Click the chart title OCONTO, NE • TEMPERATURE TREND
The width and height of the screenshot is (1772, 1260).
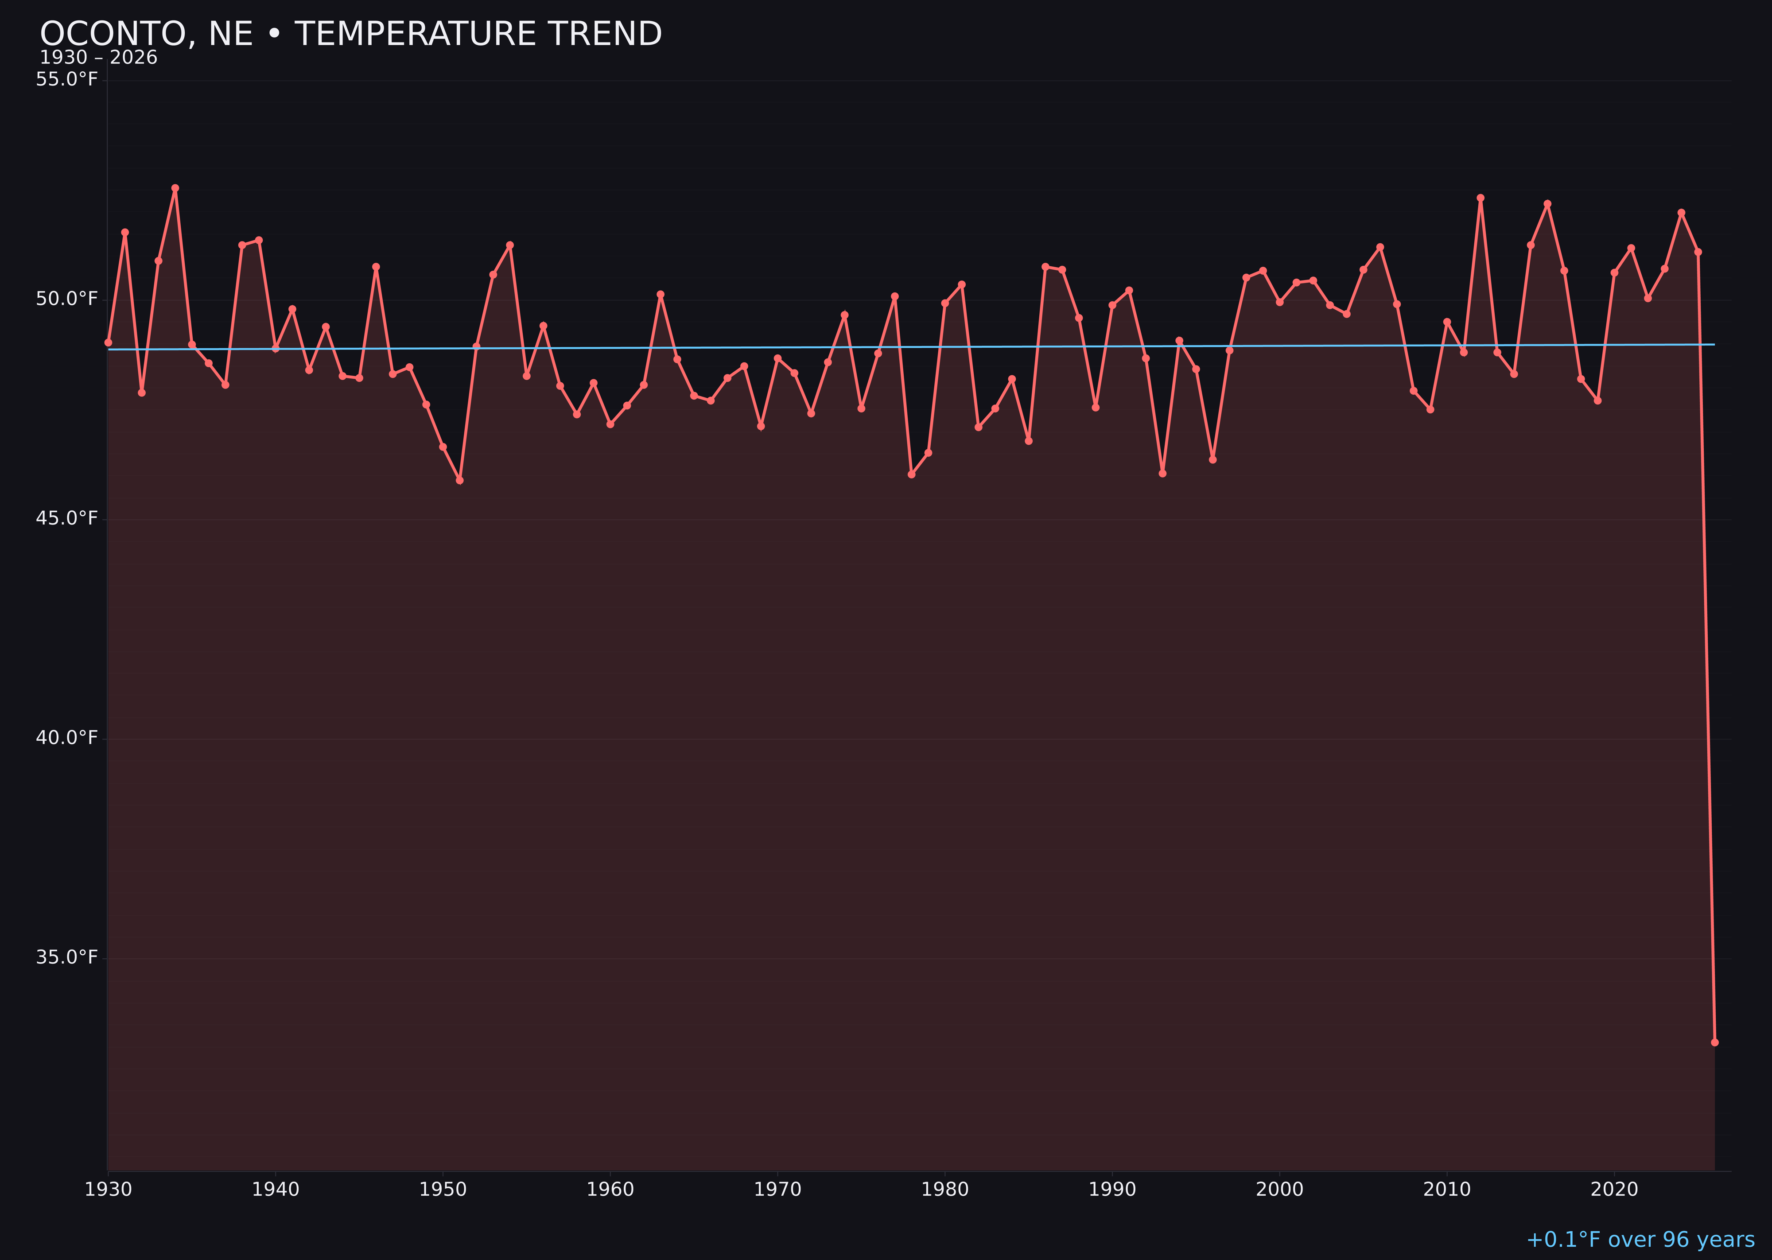tap(351, 34)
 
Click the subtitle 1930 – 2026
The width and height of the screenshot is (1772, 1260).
tap(98, 58)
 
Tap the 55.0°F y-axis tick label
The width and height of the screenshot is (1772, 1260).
tap(67, 79)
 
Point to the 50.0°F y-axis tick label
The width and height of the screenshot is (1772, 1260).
tap(67, 299)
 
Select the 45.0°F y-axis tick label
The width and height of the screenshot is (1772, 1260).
tap(67, 518)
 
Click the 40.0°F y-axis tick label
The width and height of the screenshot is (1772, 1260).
tap(67, 738)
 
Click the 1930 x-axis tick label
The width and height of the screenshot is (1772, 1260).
tap(108, 1190)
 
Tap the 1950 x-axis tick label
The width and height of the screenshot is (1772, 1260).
tap(443, 1190)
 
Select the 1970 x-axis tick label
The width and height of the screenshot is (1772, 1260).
tap(777, 1190)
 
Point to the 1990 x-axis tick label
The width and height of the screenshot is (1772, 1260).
tap(1112, 1190)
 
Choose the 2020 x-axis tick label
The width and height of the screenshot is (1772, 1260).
tap(1614, 1190)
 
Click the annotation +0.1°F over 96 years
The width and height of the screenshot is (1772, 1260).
tap(1640, 1240)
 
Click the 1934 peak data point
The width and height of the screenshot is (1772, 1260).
tap(175, 188)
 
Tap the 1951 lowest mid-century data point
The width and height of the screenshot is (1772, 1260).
tap(459, 480)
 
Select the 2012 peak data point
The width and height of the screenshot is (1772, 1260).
tap(1481, 198)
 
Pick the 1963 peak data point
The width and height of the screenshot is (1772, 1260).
tap(660, 295)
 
